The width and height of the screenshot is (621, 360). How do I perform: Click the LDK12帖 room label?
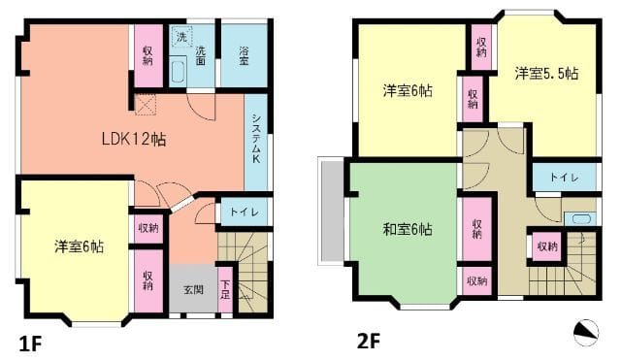click(x=134, y=139)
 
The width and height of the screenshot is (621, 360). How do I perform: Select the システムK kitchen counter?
click(x=256, y=139)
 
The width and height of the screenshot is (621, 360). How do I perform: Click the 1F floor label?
click(x=29, y=341)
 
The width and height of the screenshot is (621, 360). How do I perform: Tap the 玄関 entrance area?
click(x=192, y=289)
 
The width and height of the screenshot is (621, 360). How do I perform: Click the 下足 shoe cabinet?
click(x=224, y=288)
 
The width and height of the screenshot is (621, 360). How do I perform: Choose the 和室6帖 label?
click(x=407, y=230)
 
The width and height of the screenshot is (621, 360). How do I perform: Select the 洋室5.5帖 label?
click(x=545, y=73)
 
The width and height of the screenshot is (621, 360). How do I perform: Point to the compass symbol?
click(x=586, y=333)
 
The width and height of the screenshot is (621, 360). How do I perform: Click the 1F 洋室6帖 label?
click(x=79, y=246)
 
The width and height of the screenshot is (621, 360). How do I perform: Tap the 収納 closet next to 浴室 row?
click(x=147, y=54)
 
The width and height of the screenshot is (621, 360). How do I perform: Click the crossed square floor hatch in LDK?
click(x=146, y=104)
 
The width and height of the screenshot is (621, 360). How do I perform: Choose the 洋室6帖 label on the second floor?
click(x=407, y=90)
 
